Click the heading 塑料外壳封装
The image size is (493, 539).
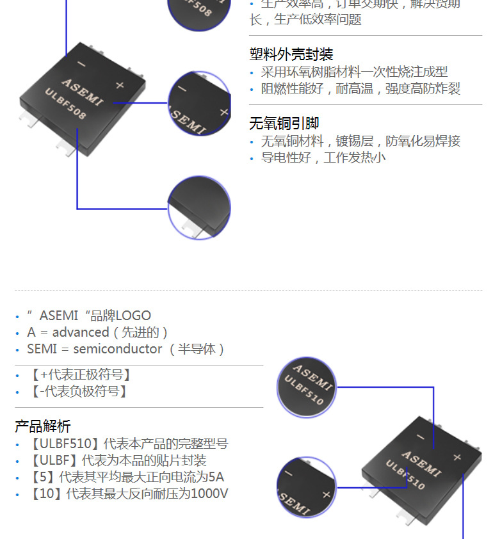click(291, 54)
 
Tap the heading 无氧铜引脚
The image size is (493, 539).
click(284, 123)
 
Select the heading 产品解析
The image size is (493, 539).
click(43, 426)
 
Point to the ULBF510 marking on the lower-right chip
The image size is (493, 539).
click(405, 476)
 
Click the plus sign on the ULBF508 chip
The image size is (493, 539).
click(119, 84)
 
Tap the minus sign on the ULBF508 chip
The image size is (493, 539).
click(81, 64)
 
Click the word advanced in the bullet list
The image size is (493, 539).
click(81, 332)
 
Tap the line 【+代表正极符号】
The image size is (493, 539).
click(79, 375)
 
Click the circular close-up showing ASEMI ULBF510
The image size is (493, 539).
click(307, 387)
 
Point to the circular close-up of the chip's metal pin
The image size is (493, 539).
click(199, 209)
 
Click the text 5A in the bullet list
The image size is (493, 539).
click(217, 477)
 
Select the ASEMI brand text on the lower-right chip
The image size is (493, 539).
click(421, 462)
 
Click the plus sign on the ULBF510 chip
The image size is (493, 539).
click(457, 457)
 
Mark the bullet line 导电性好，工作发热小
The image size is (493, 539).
click(323, 157)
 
